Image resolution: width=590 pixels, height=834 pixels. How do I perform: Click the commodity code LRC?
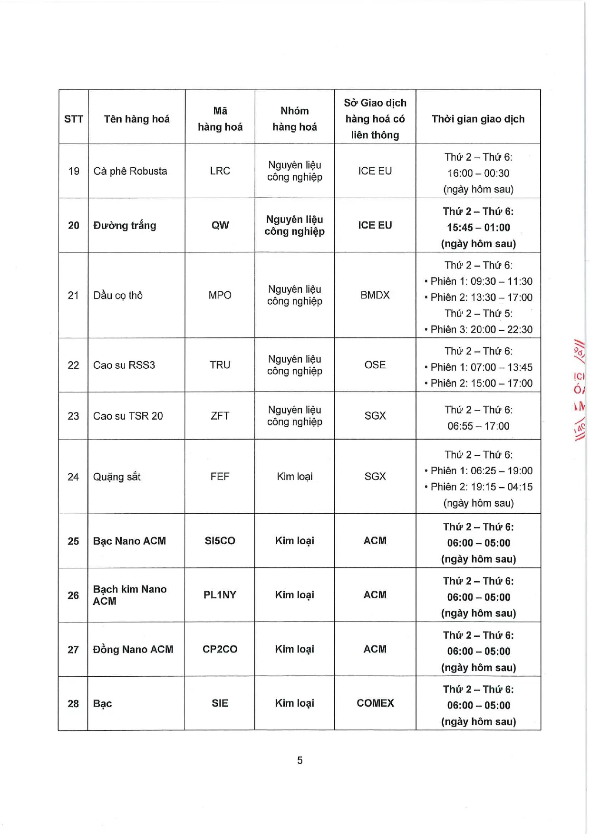220,171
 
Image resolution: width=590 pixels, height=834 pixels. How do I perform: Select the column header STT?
74,119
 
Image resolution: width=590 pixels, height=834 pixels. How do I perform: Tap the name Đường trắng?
125,225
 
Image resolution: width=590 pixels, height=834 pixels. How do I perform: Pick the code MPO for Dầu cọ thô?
220,295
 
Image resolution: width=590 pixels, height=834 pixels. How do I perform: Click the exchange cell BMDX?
375,295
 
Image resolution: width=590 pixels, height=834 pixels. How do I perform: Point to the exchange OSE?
375,365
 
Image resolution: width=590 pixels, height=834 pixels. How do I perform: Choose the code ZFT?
220,416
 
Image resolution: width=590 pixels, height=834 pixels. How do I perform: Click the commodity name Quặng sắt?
116,477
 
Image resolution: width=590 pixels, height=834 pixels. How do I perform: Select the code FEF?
220,477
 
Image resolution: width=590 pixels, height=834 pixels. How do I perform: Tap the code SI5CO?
220,541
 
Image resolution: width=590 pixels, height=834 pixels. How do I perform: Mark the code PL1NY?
220,595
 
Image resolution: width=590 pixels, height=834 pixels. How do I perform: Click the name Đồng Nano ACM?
133,649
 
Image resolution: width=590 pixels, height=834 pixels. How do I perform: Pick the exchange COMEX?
375,703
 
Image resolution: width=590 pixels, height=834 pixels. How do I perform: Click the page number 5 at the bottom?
300,760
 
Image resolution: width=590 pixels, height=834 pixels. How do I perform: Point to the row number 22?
73,365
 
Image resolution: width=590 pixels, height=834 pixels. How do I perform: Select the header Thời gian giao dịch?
478,119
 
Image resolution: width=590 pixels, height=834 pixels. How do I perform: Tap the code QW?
220,225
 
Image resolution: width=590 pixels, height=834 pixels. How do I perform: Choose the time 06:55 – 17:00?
478,426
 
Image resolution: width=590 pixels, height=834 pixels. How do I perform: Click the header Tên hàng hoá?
136,119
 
